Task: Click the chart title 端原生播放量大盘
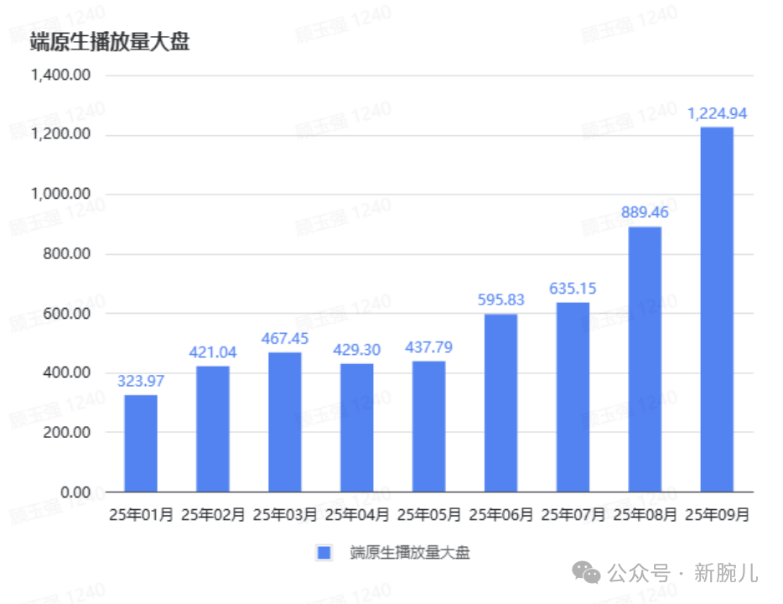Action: pos(110,41)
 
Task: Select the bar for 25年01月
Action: pos(141,443)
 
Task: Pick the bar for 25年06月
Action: pos(500,403)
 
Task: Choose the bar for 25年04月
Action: pos(357,427)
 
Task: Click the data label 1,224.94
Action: pos(717,114)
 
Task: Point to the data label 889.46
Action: pos(645,212)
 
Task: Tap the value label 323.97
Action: pos(141,381)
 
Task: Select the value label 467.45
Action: pos(285,338)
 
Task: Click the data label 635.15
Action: pos(573,289)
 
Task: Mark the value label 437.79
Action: pos(429,347)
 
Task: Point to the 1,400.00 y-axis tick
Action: pos(60,75)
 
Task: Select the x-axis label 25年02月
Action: pos(213,515)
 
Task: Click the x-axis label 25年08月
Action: pos(645,515)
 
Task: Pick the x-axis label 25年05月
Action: pos(429,515)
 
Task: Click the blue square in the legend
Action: pos(324,552)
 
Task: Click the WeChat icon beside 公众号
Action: pos(586,573)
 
